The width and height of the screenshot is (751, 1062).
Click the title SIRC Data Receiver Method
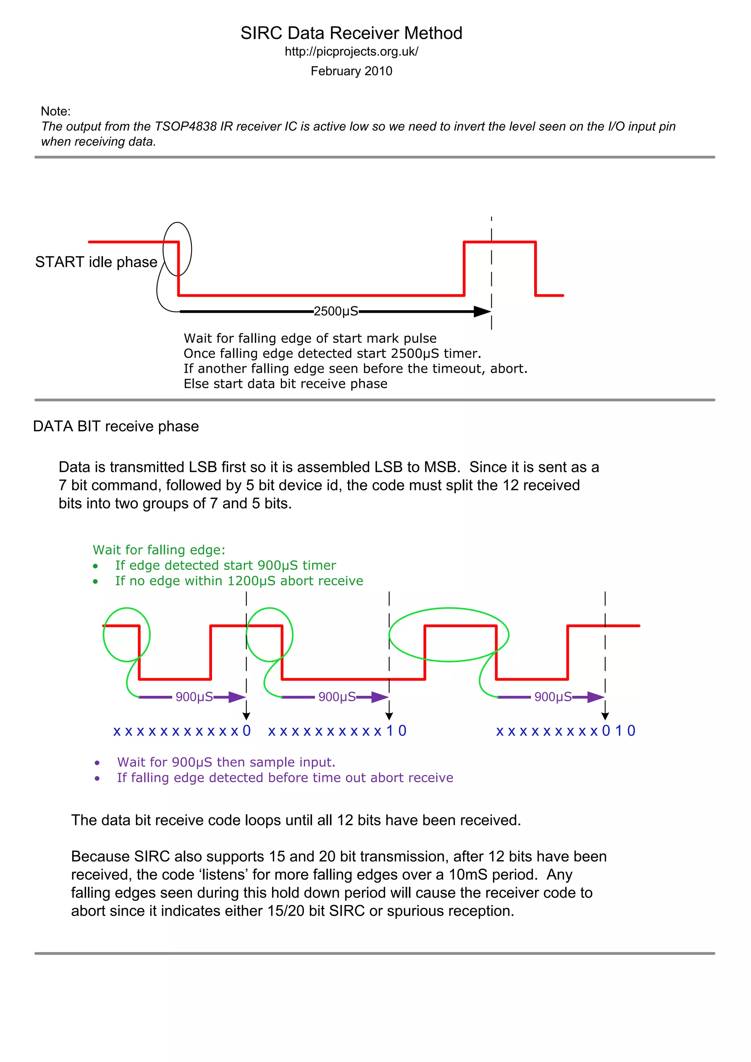[351, 33]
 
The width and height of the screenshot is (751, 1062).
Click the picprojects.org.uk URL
[351, 52]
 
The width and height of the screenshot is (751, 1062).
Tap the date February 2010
[351, 71]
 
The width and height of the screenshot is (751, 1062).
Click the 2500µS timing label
[336, 311]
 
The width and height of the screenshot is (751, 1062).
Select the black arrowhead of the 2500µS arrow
[482, 311]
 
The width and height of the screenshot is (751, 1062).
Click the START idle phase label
[96, 262]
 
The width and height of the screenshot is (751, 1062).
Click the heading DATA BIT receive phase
[116, 426]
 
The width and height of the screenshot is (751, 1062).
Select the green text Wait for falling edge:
[159, 550]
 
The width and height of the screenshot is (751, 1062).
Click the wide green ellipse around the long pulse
[448, 609]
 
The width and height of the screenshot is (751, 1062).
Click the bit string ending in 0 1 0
[565, 731]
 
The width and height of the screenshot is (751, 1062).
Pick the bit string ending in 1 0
[337, 731]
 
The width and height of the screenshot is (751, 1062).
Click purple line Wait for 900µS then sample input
[226, 762]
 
